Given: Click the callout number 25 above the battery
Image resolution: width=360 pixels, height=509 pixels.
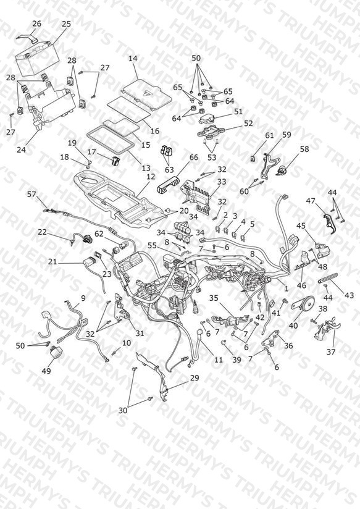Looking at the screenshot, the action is (x=66, y=24).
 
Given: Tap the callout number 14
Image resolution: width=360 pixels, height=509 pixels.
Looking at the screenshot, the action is (x=133, y=59).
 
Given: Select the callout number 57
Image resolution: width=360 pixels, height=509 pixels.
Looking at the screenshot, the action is (x=32, y=194).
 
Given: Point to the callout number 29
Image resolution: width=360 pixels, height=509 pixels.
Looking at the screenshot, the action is (x=195, y=378).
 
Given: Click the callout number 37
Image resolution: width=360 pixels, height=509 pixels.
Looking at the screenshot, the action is (x=331, y=351).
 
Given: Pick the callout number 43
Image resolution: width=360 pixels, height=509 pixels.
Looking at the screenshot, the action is (x=349, y=295).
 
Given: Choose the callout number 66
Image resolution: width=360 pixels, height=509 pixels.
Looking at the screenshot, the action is (x=193, y=158).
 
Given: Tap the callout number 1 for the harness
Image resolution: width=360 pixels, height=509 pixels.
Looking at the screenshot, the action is (x=287, y=288).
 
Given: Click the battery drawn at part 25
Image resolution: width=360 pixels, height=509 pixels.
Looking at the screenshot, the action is (x=37, y=59).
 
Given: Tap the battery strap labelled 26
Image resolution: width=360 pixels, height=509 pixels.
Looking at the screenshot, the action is (x=28, y=37).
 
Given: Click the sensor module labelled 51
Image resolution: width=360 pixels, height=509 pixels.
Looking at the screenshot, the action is (x=210, y=118).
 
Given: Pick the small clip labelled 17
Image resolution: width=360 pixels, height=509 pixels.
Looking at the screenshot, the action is (x=115, y=161).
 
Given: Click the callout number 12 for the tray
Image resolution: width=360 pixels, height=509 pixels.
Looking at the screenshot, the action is (x=151, y=176).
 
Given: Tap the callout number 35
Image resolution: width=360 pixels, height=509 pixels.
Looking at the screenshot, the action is (x=214, y=298).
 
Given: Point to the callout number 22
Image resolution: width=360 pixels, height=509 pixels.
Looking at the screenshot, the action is (x=42, y=232).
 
